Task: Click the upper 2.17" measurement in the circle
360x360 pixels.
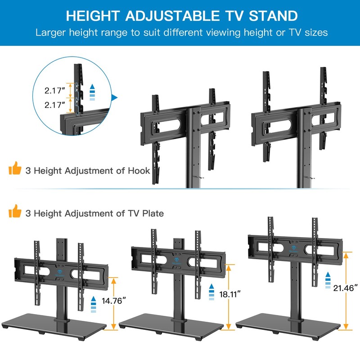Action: click(x=55, y=90)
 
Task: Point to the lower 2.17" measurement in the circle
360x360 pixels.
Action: click(x=55, y=106)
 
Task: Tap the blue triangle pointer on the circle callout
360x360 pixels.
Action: click(x=114, y=97)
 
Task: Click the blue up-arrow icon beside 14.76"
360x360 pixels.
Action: click(x=94, y=304)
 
